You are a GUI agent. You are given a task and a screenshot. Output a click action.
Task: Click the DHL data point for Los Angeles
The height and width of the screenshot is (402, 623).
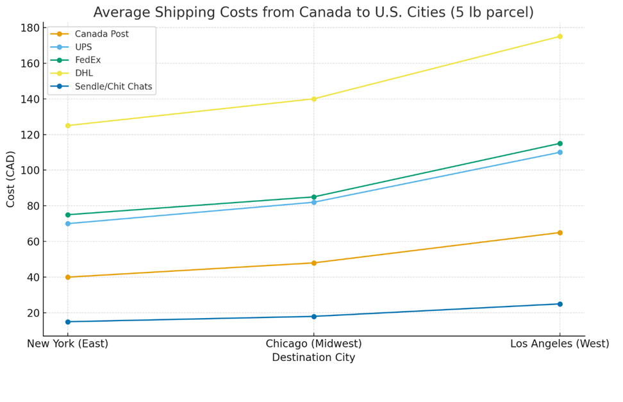click(560, 37)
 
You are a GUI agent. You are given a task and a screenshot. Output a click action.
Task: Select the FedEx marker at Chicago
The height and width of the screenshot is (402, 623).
click(313, 197)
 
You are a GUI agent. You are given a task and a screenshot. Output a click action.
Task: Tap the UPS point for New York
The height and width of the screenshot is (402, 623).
click(68, 224)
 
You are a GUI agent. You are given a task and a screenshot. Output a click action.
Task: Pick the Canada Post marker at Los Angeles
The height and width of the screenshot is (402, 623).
click(560, 233)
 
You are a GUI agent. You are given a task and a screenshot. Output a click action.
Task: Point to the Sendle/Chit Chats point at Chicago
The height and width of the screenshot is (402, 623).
click(313, 316)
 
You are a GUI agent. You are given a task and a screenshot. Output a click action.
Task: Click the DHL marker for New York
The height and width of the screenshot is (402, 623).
click(68, 126)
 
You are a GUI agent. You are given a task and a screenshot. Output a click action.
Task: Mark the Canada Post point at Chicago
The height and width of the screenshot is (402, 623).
click(313, 263)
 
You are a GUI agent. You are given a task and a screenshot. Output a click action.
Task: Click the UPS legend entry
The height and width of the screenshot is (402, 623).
click(83, 47)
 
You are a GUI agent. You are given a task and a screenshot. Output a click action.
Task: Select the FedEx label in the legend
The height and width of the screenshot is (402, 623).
click(87, 60)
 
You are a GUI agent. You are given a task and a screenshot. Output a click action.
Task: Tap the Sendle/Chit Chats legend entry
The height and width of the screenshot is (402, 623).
click(113, 87)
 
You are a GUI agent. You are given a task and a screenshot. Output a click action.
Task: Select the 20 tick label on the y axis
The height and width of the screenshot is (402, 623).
click(32, 313)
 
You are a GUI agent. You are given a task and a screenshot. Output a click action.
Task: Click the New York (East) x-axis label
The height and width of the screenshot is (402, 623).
click(68, 344)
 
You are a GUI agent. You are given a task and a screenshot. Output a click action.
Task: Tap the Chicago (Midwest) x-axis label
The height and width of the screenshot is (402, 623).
click(313, 344)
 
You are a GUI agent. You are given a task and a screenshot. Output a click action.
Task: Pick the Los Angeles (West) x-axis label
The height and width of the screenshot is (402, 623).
click(560, 344)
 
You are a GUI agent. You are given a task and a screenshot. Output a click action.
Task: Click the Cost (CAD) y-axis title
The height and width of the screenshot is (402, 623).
click(11, 179)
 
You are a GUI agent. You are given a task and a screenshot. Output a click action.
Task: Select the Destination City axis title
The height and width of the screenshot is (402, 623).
click(313, 358)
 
